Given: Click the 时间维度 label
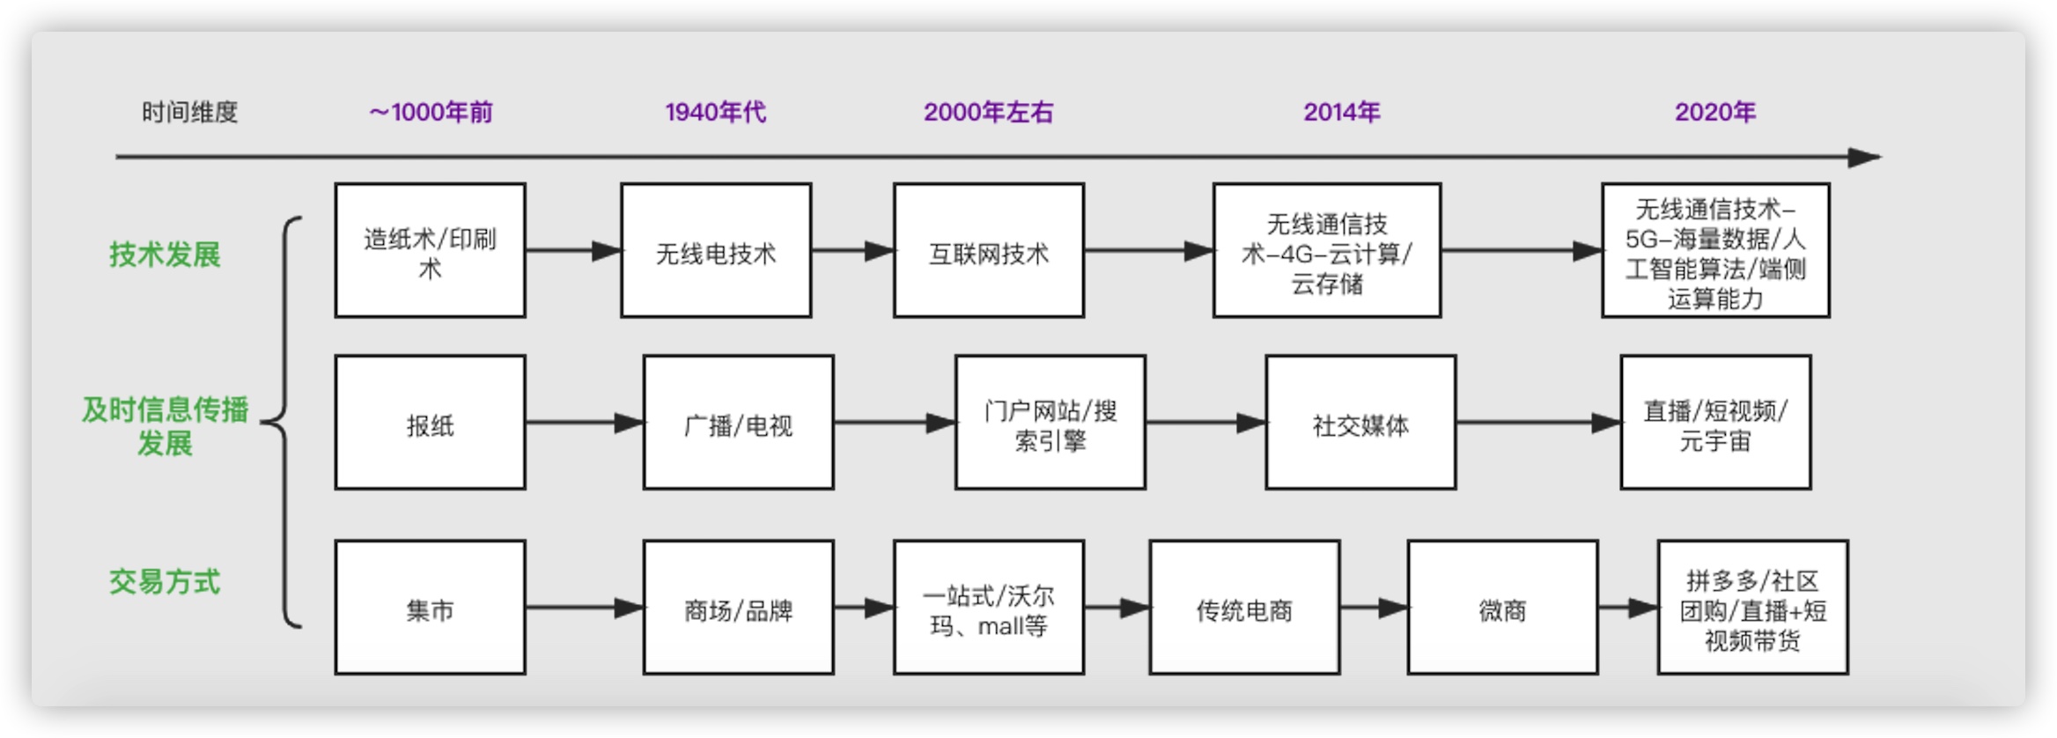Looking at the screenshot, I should pos(189,112).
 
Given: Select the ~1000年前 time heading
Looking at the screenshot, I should pos(431,112).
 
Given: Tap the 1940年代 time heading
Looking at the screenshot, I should pos(715,112).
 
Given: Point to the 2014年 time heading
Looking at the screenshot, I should pos(1341,112).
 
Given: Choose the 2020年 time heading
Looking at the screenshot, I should pos(1714,112).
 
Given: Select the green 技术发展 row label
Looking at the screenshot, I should pos(165,255).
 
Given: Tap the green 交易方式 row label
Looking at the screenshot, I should pos(165,582).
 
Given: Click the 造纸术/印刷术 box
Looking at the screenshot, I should pos(430,251).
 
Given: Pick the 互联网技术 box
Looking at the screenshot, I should pos(988,251).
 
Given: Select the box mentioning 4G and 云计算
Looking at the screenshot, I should pos(1326,251).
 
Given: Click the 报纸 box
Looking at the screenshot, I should pos(430,423).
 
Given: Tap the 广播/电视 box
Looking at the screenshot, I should pos(738,423).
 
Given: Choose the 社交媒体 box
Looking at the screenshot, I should pos(1360,423).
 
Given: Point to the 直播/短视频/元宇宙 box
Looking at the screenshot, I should pos(1715,423).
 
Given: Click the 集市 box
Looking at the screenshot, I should pos(430,608).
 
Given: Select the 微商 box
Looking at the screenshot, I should pos(1502,608).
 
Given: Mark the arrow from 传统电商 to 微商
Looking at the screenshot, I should pos(1374,608).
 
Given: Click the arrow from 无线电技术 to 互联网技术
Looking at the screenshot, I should pos(852,251).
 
